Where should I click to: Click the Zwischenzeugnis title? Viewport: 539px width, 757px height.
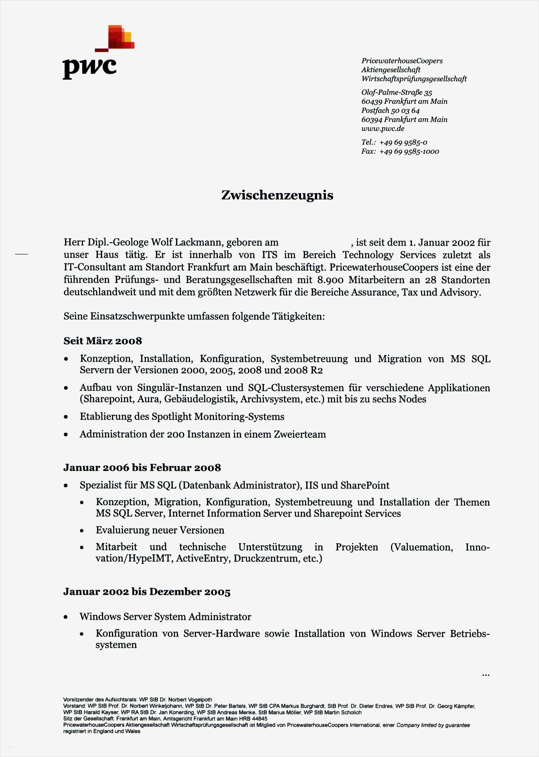click(x=277, y=195)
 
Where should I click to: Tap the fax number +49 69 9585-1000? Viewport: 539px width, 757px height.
click(x=409, y=152)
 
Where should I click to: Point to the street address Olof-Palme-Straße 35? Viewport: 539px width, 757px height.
click(x=396, y=93)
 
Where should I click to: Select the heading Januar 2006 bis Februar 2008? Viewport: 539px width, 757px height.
click(x=142, y=468)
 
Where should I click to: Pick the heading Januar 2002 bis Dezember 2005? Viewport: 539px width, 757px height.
click(x=147, y=592)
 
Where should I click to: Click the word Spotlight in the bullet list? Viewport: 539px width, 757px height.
click(x=172, y=417)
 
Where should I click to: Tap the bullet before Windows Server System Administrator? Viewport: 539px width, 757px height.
click(x=66, y=617)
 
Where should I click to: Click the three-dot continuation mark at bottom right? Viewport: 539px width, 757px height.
click(x=485, y=675)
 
